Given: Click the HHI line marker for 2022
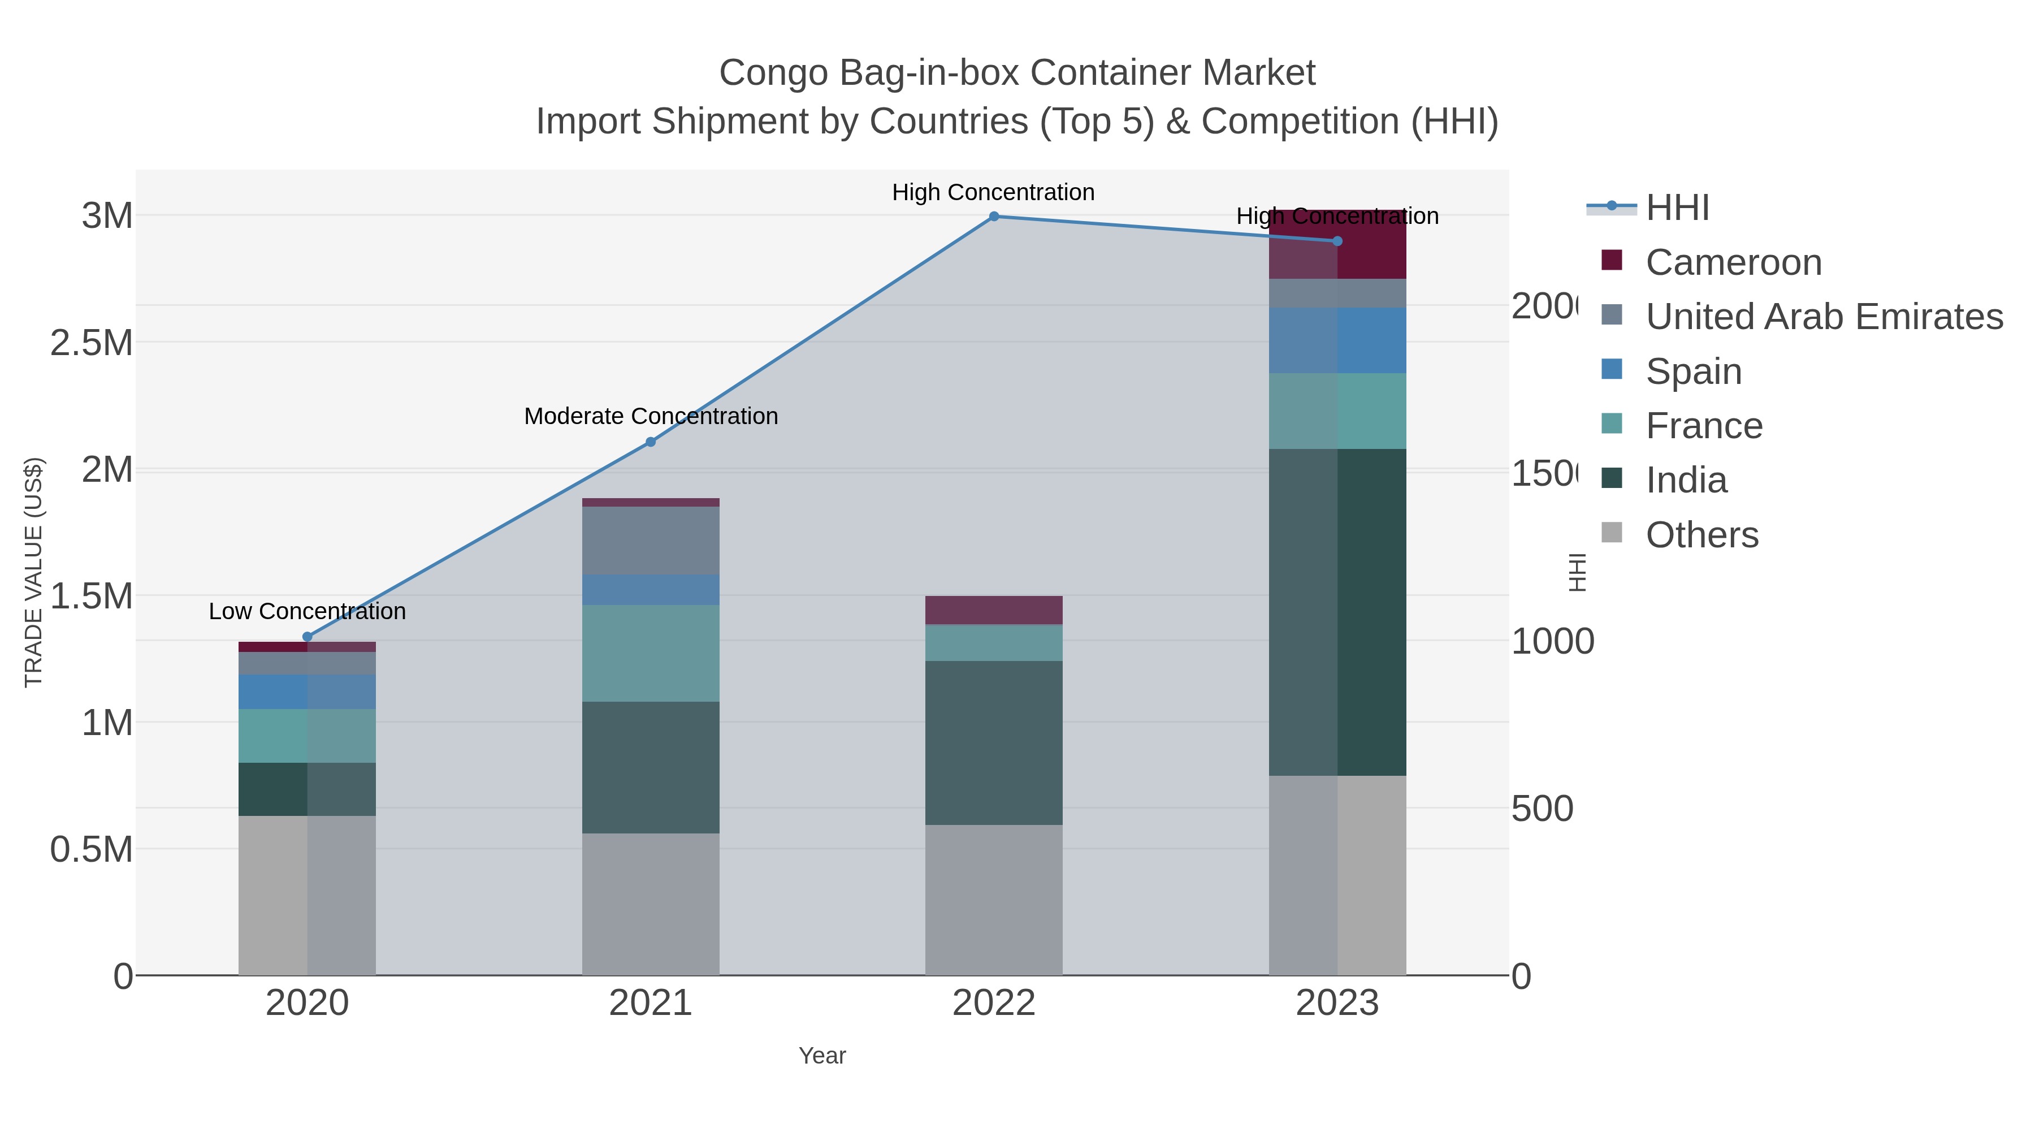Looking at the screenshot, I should pos(994,217).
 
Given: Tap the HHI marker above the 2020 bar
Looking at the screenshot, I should pos(308,637).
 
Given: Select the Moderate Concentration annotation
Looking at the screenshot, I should pos(651,416).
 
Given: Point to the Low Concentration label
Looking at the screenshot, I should pos(308,612).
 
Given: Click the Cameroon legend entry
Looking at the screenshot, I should pos(1733,262).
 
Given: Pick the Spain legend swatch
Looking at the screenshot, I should pos(1612,370).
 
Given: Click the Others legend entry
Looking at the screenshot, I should pos(1701,535).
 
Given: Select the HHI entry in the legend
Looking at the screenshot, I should pos(1677,208).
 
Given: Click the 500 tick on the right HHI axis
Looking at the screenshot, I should pos(1542,809).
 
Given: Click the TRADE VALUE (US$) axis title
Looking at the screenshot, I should pos(33,572).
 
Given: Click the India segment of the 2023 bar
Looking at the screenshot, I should pos(1337,612).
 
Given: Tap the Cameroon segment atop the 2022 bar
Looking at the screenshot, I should pos(994,610).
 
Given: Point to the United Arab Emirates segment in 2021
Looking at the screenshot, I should pos(650,541).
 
